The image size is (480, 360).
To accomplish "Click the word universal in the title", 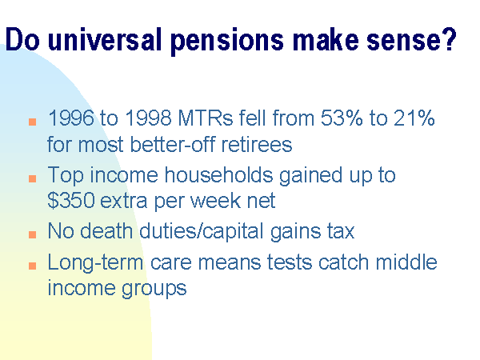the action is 104,39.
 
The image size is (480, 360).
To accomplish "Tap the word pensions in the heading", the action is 227,42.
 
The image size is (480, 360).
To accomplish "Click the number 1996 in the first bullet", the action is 71,118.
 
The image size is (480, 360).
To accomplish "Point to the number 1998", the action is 149,118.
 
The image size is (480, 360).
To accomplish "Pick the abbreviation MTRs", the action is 206,118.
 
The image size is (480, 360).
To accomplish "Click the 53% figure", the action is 342,118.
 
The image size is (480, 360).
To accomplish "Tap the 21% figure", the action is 414,118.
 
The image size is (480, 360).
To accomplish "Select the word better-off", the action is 172,144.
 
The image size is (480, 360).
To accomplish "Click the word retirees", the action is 257,144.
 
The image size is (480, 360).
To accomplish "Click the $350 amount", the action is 70,201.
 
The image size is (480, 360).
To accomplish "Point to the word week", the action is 215,201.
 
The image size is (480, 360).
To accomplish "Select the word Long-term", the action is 95,262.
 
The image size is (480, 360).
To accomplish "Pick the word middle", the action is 406,262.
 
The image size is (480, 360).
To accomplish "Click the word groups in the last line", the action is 154,289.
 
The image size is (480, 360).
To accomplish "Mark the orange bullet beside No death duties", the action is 33,234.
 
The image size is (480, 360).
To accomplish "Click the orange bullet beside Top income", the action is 33,178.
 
